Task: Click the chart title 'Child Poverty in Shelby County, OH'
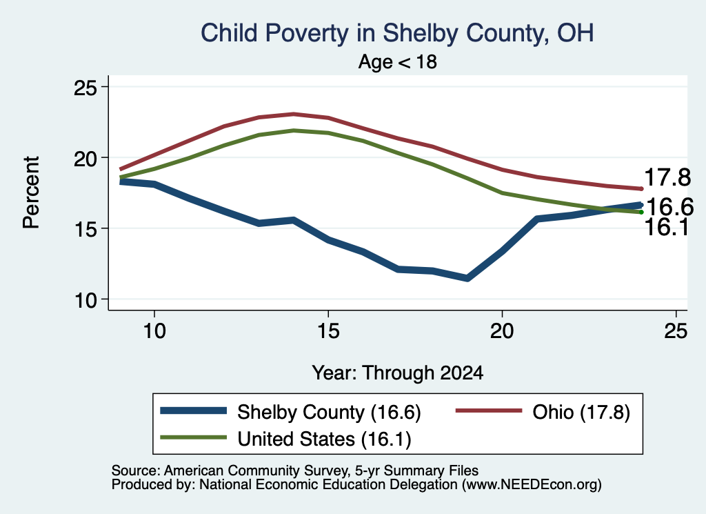[397, 33]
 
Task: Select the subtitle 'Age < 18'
[398, 61]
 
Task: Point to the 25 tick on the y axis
[85, 87]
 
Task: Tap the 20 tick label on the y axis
[85, 158]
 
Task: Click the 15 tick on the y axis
[85, 229]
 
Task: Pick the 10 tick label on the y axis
[85, 299]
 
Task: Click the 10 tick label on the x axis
[154, 331]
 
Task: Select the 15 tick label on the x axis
[328, 331]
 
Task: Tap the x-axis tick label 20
[502, 331]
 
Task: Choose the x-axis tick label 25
[676, 331]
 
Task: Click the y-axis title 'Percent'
[32, 192]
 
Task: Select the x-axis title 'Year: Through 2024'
[398, 373]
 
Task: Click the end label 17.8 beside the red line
[667, 177]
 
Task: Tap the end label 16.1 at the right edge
[667, 227]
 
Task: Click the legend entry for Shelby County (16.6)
[290, 412]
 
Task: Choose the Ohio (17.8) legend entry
[543, 412]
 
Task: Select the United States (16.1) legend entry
[286, 438]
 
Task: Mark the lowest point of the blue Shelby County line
[467, 279]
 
